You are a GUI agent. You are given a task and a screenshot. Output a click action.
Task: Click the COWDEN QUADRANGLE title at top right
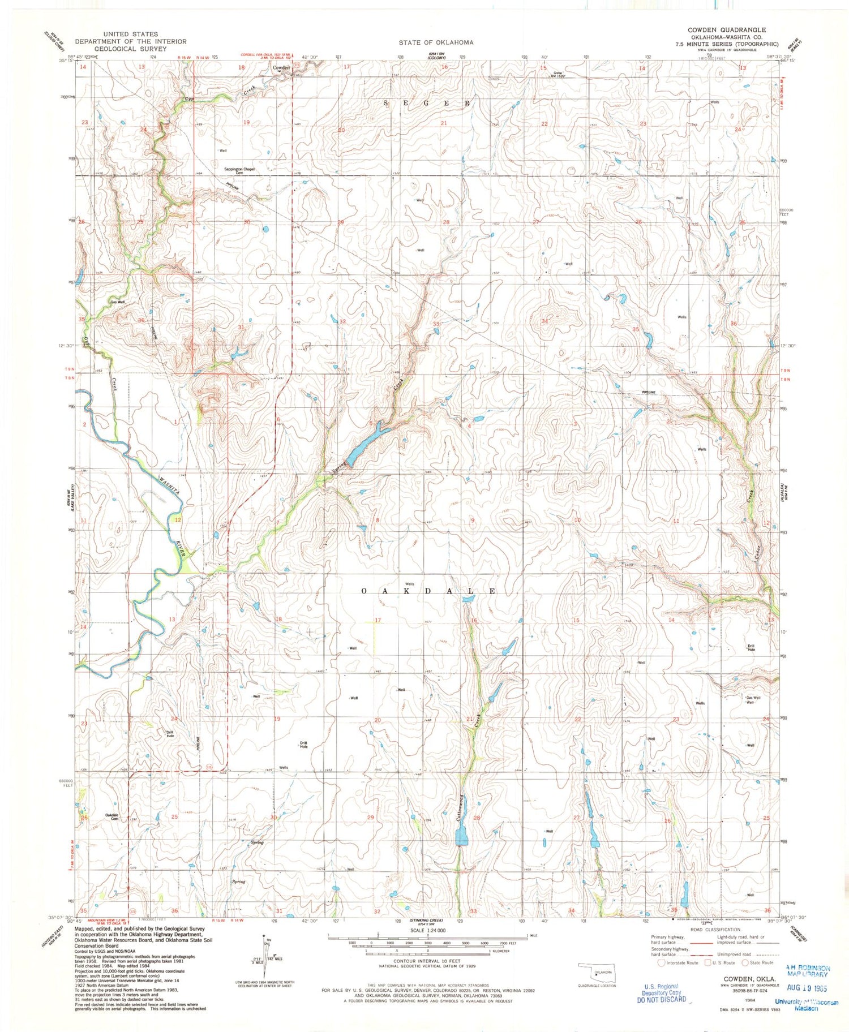(x=727, y=30)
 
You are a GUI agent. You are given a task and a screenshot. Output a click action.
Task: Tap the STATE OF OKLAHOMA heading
(x=436, y=42)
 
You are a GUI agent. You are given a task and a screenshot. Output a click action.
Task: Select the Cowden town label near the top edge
(x=281, y=68)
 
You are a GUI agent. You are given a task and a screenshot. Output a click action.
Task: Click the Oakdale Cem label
(x=113, y=816)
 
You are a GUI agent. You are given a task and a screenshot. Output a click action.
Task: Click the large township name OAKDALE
(x=429, y=591)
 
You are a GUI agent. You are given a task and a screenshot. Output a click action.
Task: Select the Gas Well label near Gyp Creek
(x=117, y=302)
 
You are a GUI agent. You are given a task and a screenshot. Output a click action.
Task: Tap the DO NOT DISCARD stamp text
(x=662, y=999)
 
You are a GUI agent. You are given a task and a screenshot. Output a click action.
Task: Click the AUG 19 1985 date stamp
(x=807, y=988)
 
